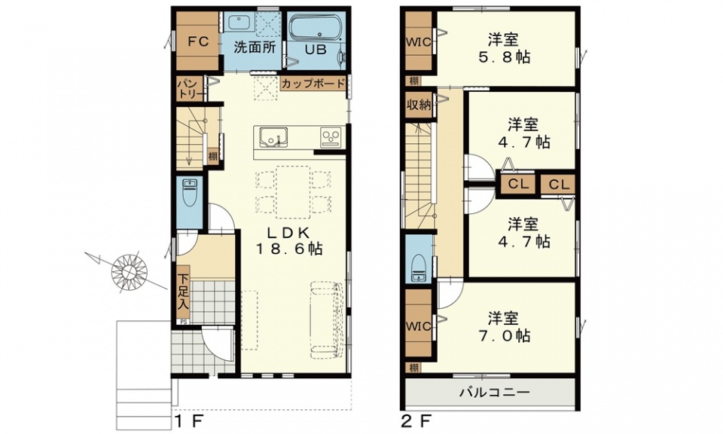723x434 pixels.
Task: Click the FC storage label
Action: [x=198, y=42]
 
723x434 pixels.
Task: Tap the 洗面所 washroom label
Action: [x=255, y=47]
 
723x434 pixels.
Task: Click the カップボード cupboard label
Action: [x=313, y=84]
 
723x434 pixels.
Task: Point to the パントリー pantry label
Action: [x=190, y=89]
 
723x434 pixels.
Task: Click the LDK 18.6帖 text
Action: [x=288, y=241]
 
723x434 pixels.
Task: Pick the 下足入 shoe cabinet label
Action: [x=184, y=292]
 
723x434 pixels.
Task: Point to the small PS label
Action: [x=184, y=322]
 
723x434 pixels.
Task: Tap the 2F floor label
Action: [x=416, y=420]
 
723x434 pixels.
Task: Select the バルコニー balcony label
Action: [x=494, y=393]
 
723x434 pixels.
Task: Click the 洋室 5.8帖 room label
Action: [x=504, y=48]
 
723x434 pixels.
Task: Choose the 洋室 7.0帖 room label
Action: [x=504, y=327]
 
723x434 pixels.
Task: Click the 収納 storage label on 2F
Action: [x=419, y=104]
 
